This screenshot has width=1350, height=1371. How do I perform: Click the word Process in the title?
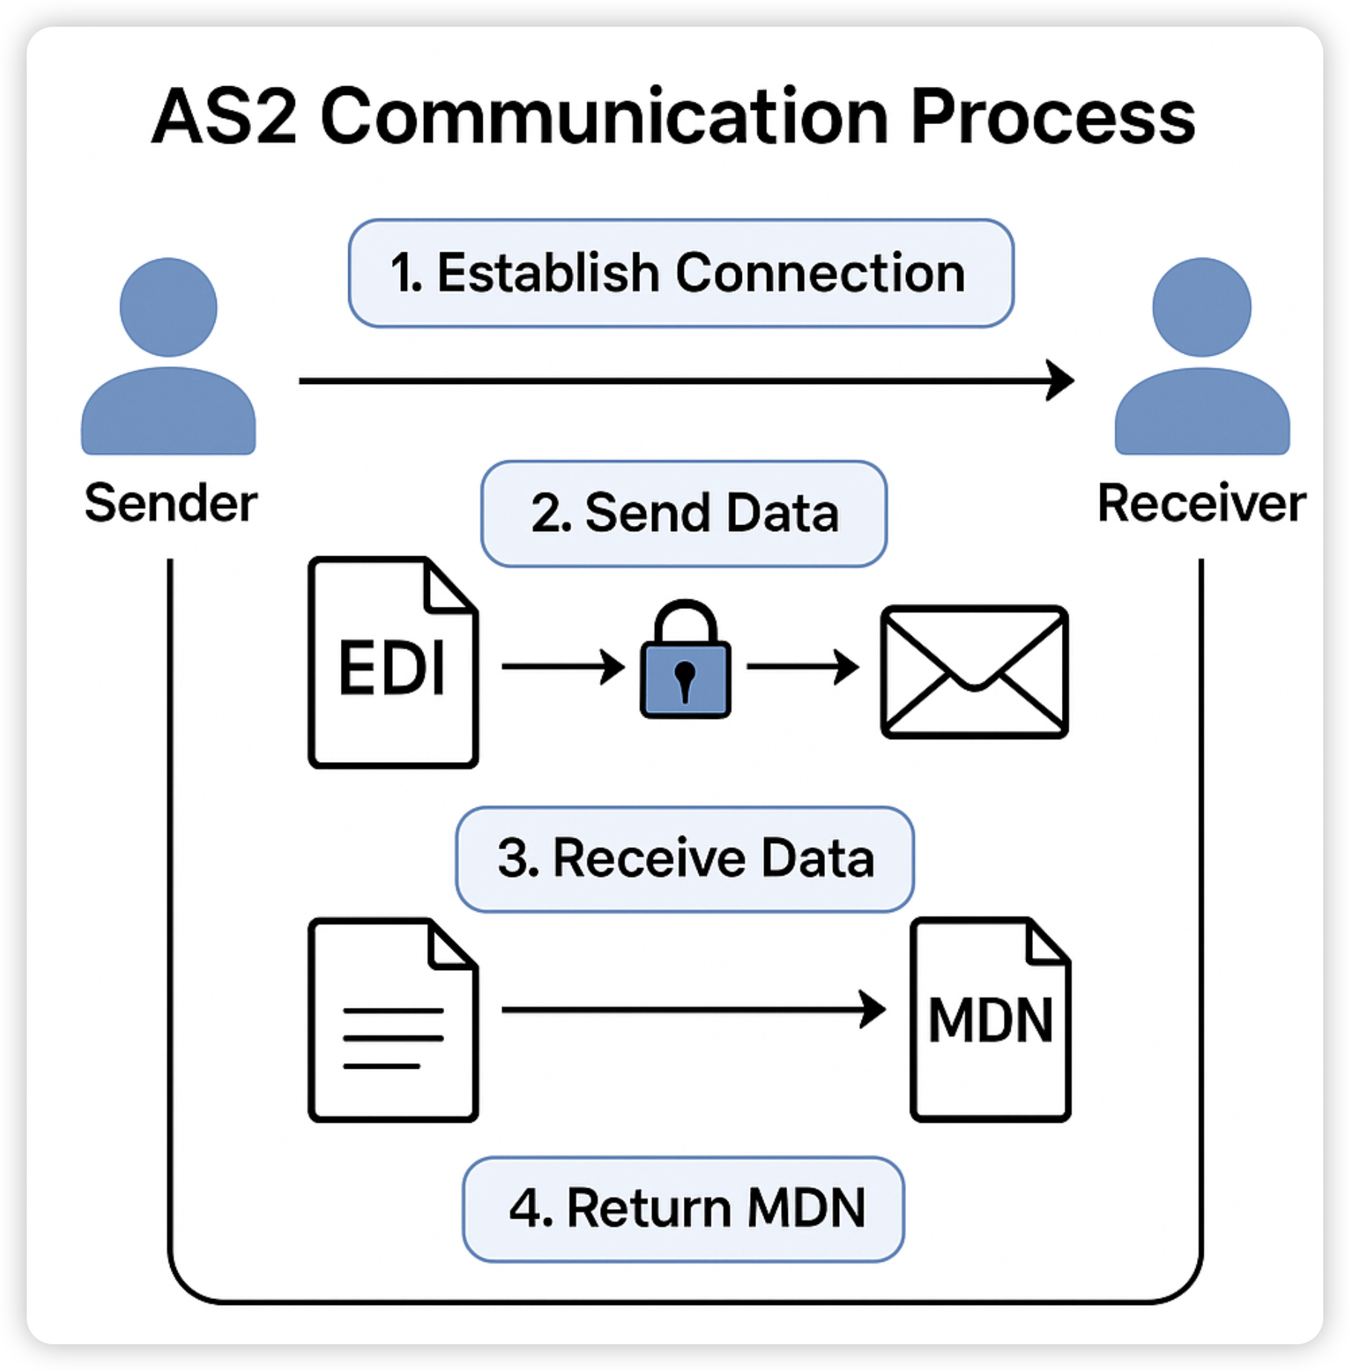(x=1052, y=117)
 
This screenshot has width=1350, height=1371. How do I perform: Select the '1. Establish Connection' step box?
(x=680, y=273)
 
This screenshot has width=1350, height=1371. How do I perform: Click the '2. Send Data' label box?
(x=684, y=514)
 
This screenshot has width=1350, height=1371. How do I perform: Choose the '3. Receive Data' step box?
(x=685, y=859)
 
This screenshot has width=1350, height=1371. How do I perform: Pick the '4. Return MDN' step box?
(x=684, y=1208)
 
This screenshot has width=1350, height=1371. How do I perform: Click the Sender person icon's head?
(x=169, y=307)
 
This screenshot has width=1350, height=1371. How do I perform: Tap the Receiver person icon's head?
(x=1201, y=307)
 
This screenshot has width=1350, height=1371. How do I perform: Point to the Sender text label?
(x=171, y=504)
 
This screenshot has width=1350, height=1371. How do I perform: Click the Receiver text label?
(x=1201, y=504)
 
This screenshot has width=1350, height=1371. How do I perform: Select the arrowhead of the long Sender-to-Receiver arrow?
(x=1060, y=380)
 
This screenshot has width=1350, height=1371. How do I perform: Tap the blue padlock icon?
(x=685, y=661)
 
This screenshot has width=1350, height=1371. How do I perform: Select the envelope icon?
(x=974, y=672)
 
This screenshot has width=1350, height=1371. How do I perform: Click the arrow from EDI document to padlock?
(x=563, y=666)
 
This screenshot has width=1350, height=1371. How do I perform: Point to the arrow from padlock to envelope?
(x=803, y=666)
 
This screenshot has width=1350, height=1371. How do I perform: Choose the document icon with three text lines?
(x=393, y=1020)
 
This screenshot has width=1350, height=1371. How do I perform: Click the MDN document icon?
(x=991, y=1020)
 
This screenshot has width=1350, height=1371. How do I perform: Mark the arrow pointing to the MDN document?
(x=693, y=1009)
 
